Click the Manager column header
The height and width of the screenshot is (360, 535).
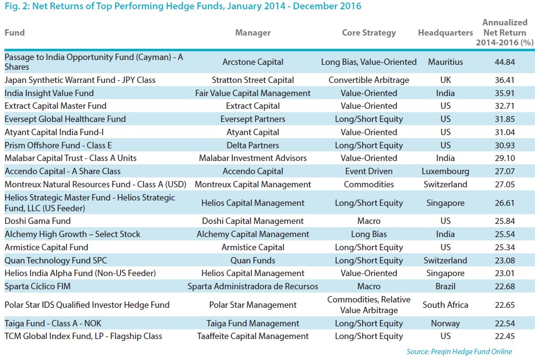(x=252, y=33)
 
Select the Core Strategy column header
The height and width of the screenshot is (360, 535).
(x=369, y=33)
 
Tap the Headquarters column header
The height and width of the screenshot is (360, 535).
(x=445, y=33)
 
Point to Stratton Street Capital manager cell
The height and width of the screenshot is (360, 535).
(x=252, y=80)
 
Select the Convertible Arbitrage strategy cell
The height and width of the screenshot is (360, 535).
(x=369, y=80)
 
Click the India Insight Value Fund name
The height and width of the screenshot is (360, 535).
(x=49, y=93)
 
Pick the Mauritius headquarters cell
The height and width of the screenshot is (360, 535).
(x=445, y=62)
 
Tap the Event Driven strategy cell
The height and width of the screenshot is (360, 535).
(x=369, y=171)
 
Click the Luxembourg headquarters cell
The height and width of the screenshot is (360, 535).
(x=445, y=171)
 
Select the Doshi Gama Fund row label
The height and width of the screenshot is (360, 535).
(x=38, y=221)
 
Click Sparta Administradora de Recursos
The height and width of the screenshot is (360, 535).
(x=252, y=286)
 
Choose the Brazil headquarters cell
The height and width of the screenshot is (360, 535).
(x=445, y=286)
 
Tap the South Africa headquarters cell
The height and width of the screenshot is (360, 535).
(x=445, y=305)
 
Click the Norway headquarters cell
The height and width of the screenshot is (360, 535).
(x=445, y=323)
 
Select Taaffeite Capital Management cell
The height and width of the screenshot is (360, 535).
(x=252, y=336)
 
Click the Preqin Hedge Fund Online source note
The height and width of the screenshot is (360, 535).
(x=459, y=351)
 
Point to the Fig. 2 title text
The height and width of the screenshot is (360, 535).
(x=183, y=6)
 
